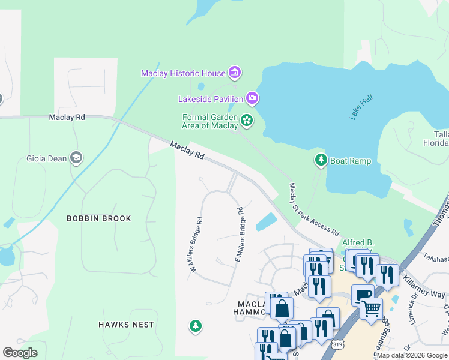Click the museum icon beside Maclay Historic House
coord(235,74)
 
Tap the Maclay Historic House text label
coord(183,74)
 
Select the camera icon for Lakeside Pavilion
coord(252,98)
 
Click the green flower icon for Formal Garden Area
coord(246,121)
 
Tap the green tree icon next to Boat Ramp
coord(320,160)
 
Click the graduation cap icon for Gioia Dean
coord(76,158)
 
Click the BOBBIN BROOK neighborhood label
coord(98,218)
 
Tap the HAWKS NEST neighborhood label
coord(126,325)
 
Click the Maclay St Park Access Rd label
coord(313,210)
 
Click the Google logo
coord(20,352)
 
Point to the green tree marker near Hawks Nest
coord(194,326)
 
